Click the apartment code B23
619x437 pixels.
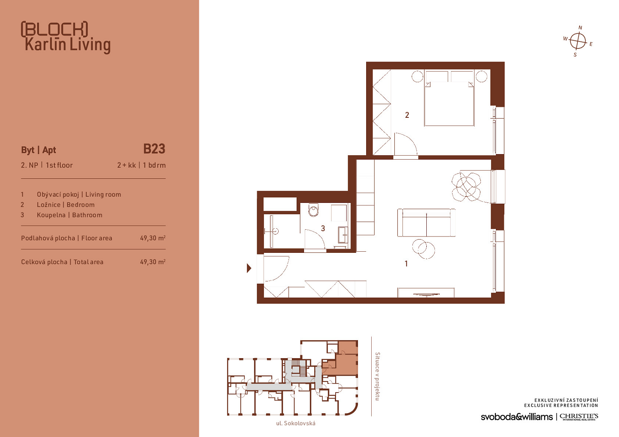pyautogui.click(x=154, y=149)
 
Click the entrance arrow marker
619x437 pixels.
pyautogui.click(x=249, y=268)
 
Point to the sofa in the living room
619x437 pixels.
pyautogui.click(x=426, y=223)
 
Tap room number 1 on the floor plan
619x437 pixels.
pyautogui.click(x=406, y=264)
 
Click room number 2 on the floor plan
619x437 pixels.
pyautogui.click(x=407, y=115)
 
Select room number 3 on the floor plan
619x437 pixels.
pyautogui.click(x=323, y=228)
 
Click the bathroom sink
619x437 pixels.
pyautogui.click(x=343, y=235)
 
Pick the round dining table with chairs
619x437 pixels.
pyautogui.click(x=466, y=187)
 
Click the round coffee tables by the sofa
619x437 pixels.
pyautogui.click(x=423, y=249)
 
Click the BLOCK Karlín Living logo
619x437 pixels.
pyautogui.click(x=66, y=37)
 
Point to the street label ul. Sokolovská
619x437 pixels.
pyautogui.click(x=296, y=423)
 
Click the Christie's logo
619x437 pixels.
pyautogui.click(x=579, y=417)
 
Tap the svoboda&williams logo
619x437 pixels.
pyautogui.click(x=517, y=417)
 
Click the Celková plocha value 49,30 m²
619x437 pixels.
pyautogui.click(x=153, y=262)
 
